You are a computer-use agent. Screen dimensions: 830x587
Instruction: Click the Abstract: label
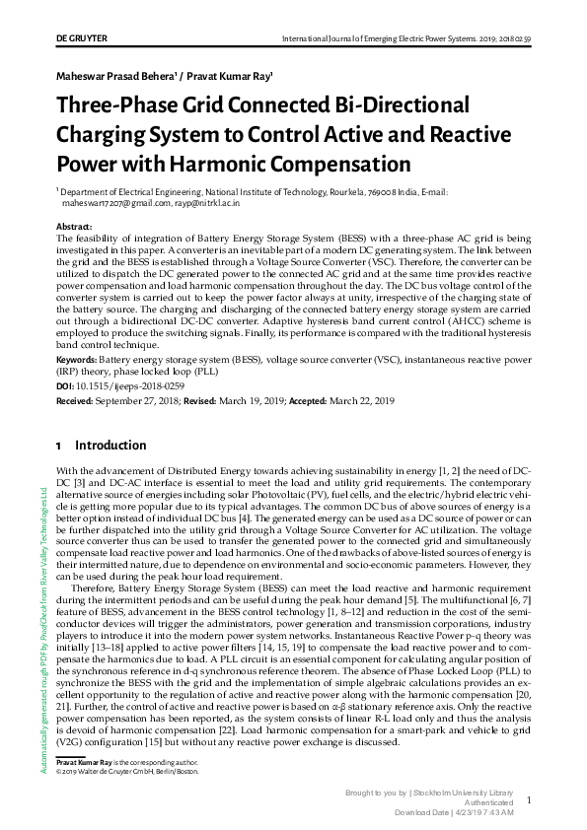tap(76, 227)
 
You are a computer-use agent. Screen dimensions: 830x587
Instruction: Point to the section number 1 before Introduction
tap(60, 446)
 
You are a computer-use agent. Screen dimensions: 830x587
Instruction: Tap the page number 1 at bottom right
tap(529, 799)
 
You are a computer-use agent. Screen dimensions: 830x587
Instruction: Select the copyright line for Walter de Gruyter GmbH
tap(128, 772)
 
